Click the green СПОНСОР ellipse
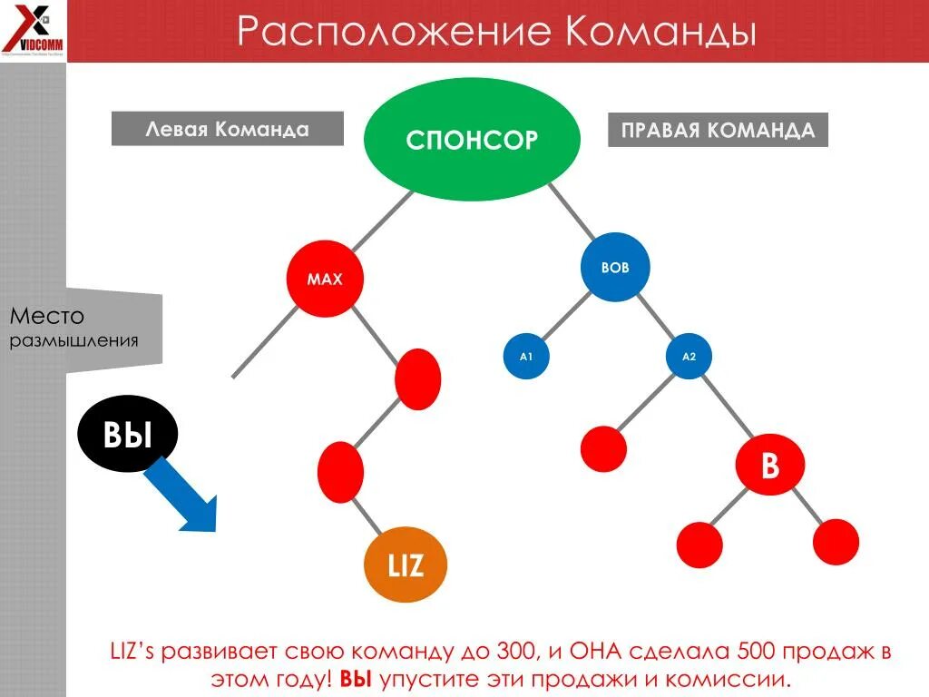coord(471,139)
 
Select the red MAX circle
coord(325,280)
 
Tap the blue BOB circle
coord(615,268)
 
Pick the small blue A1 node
coord(525,357)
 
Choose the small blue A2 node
coord(689,357)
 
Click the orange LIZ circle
coord(406,565)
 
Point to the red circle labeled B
coord(769,467)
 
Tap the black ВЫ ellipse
coord(127,437)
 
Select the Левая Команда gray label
coord(227,129)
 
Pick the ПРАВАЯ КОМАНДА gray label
coord(718,130)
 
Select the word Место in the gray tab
coord(47,317)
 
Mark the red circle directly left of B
coord(603,448)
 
